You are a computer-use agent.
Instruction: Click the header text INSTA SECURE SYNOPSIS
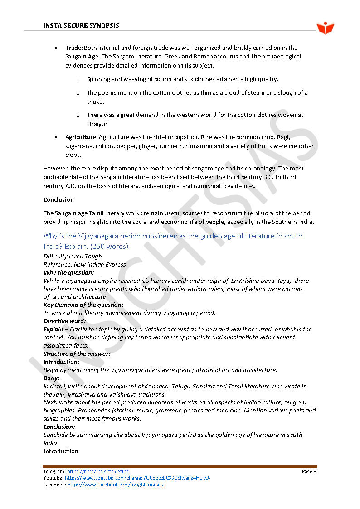point(81,25)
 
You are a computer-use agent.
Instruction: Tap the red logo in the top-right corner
point(326,28)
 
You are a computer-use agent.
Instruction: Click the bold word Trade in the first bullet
point(73,48)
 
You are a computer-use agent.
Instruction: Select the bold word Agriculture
point(81,137)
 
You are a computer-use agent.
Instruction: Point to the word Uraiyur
point(98,124)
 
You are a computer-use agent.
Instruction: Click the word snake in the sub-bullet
point(95,102)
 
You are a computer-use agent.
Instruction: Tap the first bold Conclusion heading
point(58,199)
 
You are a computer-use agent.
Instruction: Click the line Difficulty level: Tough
point(73,256)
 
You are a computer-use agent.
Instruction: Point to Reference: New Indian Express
point(85,264)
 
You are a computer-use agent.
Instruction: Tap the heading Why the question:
point(69,272)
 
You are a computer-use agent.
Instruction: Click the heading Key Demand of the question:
point(83,305)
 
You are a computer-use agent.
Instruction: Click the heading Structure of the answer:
point(77,354)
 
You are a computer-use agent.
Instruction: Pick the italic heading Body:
point(51,378)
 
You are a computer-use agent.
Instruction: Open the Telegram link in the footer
point(97,472)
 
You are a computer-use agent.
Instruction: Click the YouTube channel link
point(137,478)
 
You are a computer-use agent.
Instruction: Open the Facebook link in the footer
point(116,485)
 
